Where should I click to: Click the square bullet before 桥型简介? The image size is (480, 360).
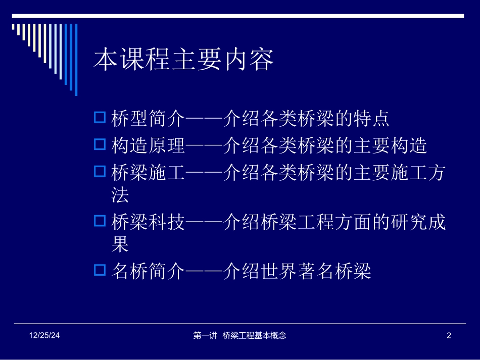(x=100, y=119)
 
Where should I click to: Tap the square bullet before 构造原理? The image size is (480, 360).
(x=100, y=145)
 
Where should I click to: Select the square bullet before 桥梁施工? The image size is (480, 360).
(x=100, y=172)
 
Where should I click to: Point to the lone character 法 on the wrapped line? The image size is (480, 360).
(x=120, y=195)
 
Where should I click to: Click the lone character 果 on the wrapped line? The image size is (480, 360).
(x=120, y=244)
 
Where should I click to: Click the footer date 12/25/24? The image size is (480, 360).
(x=43, y=335)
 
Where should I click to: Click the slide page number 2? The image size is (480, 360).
(x=449, y=335)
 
